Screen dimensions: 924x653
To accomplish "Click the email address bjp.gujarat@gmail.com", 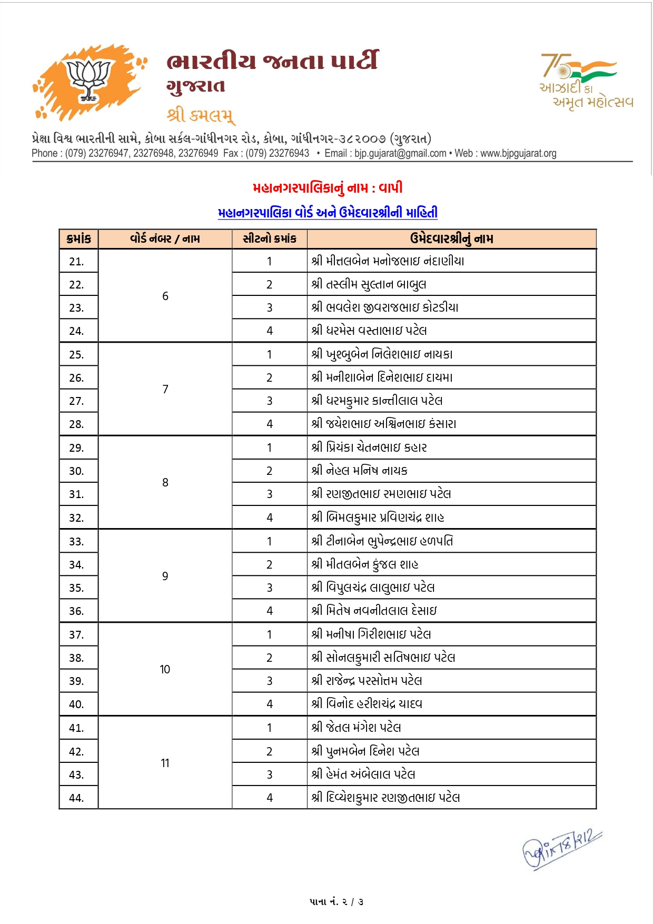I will (x=400, y=153).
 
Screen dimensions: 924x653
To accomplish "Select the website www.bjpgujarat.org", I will (x=518, y=153).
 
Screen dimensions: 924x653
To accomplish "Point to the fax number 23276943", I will (x=289, y=153).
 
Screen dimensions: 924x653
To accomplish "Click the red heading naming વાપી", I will (x=328, y=188).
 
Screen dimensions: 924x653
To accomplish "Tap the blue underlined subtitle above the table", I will (x=328, y=213).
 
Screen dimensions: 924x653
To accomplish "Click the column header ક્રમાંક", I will (x=79, y=239).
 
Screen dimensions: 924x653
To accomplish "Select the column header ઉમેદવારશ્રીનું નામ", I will (x=451, y=239).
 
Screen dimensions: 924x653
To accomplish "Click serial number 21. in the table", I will (x=77, y=262).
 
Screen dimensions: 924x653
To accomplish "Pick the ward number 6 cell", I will (x=165, y=296).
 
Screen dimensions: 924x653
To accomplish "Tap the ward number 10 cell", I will (x=165, y=669).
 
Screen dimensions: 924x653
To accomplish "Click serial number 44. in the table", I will (x=77, y=798).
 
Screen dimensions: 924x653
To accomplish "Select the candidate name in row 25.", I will (x=382, y=354).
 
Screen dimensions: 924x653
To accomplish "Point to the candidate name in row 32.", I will (x=378, y=518).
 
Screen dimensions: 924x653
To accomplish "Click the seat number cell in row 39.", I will (x=270, y=681).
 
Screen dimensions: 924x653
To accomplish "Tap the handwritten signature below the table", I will (x=561, y=848).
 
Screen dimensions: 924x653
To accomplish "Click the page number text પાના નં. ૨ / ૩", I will (x=337, y=902).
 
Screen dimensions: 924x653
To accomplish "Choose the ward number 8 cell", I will (x=165, y=483).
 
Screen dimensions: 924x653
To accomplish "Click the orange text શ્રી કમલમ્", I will (x=201, y=114).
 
